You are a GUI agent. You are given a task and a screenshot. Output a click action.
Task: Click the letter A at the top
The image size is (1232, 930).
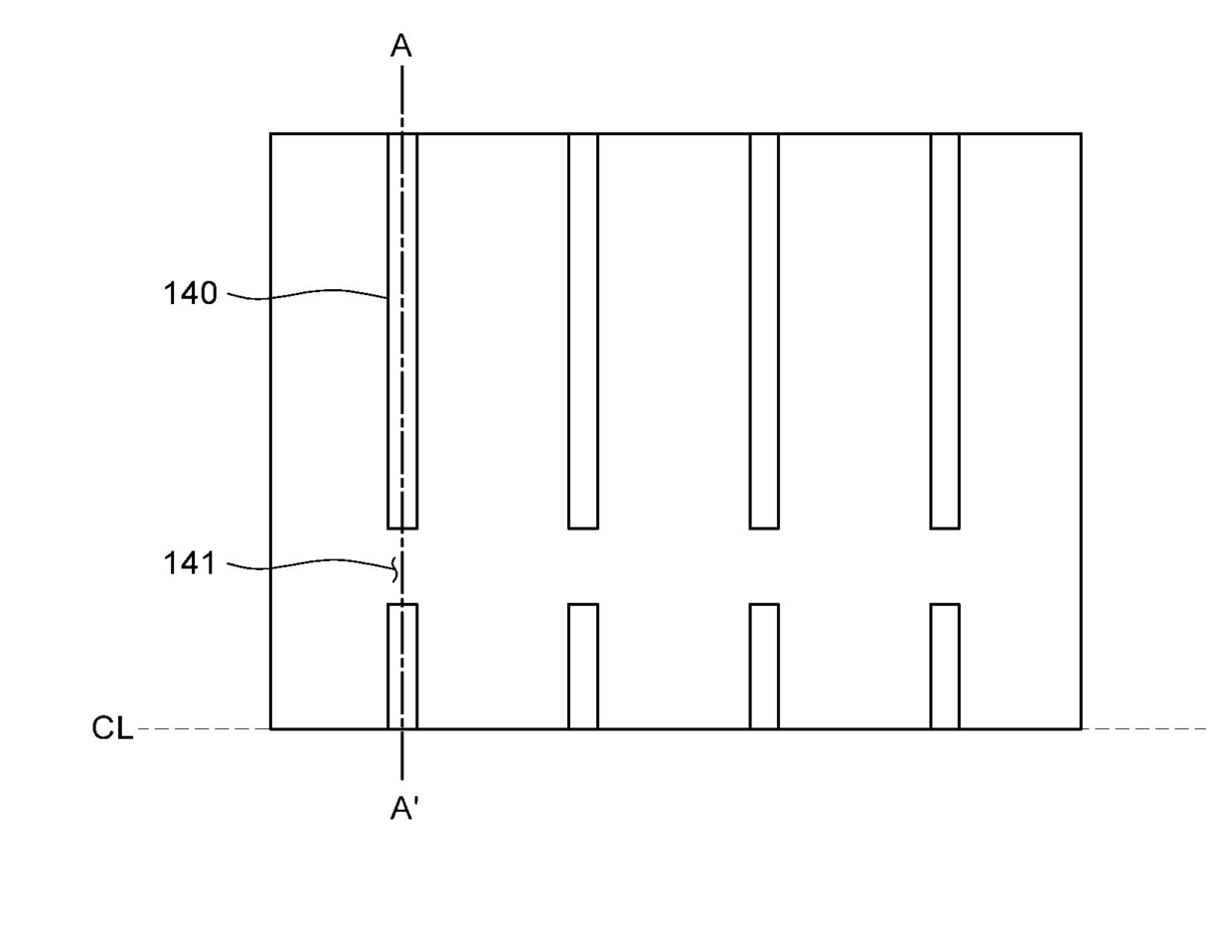401,47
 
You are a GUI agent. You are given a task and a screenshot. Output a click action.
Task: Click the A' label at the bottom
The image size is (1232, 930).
402,811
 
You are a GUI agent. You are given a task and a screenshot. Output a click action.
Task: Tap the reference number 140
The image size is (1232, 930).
190,294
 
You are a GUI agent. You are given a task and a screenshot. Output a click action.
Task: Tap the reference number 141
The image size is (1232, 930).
189,564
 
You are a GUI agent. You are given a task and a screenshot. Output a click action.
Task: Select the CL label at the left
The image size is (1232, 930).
112,729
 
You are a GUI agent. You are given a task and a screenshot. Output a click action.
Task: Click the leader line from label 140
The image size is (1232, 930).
308,293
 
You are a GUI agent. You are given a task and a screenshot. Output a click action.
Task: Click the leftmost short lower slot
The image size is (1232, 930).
402,666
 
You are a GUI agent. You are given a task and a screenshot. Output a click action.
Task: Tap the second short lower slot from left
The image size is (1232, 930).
583,666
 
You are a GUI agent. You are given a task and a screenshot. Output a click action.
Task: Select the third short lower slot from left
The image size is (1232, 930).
764,666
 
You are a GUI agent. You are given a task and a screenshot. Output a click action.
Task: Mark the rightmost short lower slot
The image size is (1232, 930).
945,666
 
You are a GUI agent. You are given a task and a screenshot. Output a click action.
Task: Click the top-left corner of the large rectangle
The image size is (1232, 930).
271,134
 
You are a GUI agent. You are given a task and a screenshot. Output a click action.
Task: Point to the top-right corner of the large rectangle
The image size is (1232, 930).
1081,134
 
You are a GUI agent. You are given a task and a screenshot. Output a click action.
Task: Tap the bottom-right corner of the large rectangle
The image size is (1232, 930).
1081,729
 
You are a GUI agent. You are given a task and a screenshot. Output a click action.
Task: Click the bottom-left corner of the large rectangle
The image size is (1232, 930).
271,729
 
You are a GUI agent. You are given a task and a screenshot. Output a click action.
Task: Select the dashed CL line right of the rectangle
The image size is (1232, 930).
1143,729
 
